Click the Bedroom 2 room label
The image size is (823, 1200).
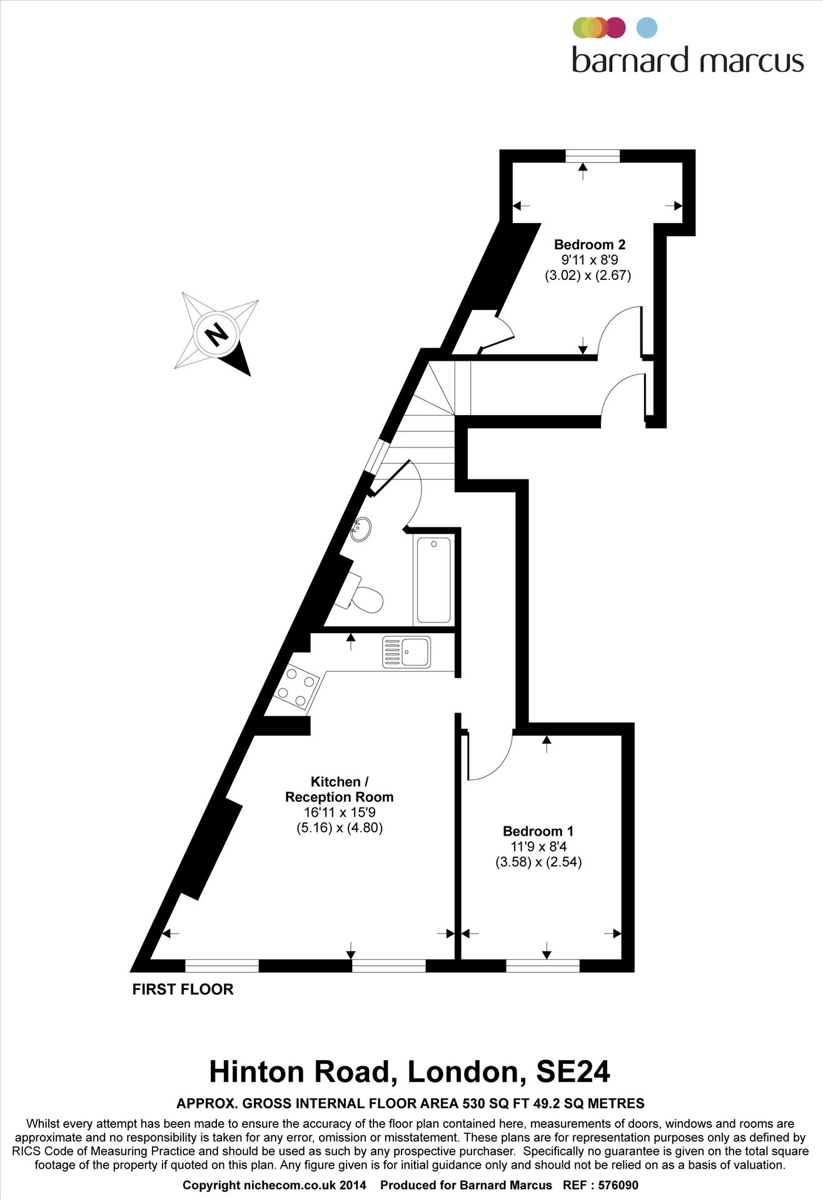click(x=589, y=244)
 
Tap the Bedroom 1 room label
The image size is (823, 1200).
click(x=538, y=831)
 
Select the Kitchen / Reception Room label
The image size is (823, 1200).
click(x=339, y=789)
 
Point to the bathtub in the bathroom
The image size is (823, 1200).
click(x=433, y=580)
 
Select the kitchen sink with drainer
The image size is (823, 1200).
click(x=406, y=651)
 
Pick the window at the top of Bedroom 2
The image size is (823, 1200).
click(x=592, y=156)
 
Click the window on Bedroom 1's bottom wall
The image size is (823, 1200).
click(x=543, y=966)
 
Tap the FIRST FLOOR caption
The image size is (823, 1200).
click(x=183, y=989)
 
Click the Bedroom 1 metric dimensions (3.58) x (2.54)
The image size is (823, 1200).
click(x=538, y=862)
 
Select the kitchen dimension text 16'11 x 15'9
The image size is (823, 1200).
click(x=339, y=812)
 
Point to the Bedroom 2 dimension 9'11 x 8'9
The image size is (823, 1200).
click(x=589, y=260)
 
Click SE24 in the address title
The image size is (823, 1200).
click(x=573, y=1071)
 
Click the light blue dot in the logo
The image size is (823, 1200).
click(x=647, y=28)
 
